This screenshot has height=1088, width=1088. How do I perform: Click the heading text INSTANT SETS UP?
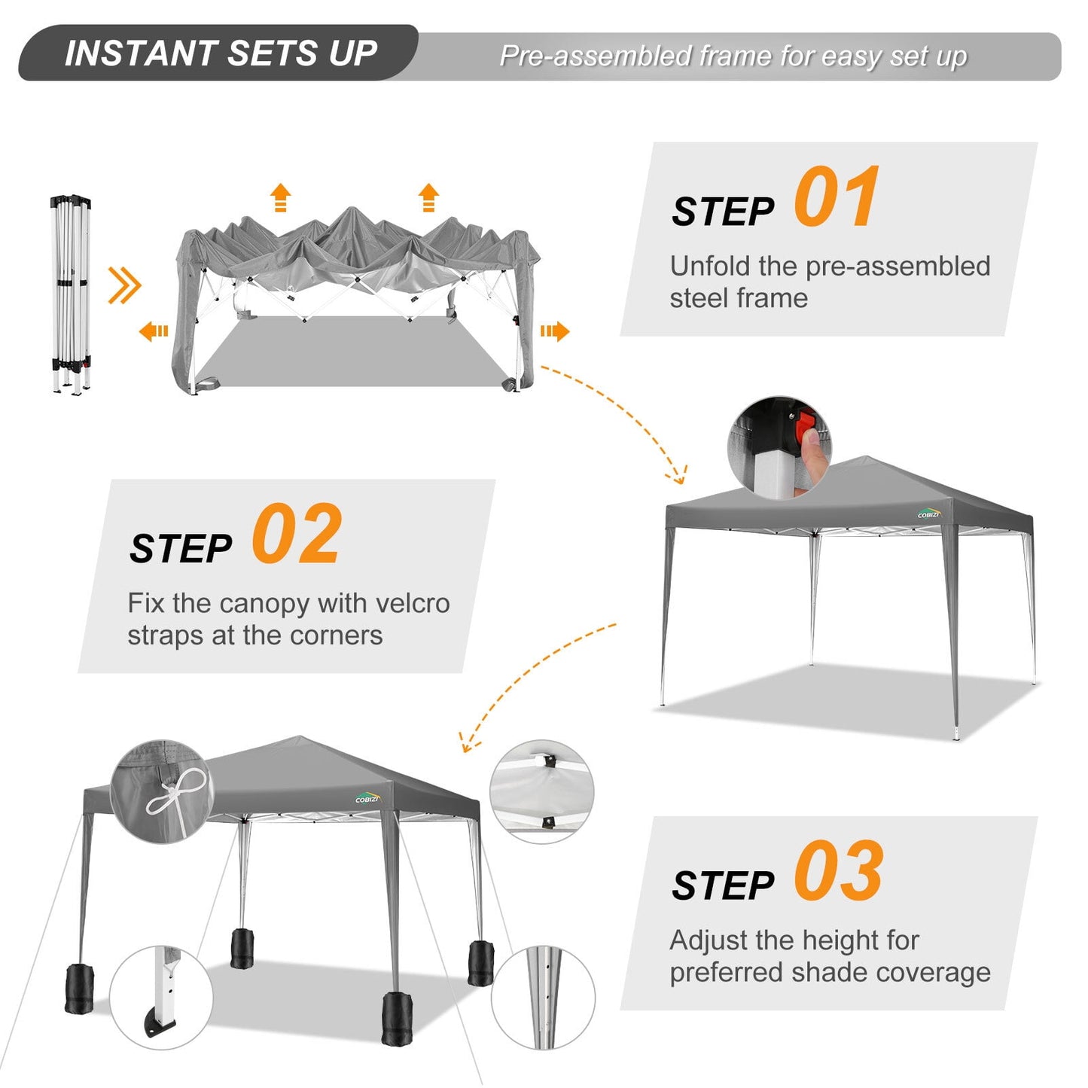pos(221,53)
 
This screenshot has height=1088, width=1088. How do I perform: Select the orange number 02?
pos(297,533)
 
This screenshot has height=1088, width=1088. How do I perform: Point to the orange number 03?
pos(839,870)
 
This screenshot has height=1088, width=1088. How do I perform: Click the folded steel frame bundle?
pos(71,294)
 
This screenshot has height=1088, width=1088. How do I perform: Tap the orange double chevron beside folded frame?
pos(124,285)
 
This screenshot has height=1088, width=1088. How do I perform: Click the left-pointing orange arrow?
pos(154,331)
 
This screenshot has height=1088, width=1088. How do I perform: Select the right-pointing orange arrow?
pos(554,331)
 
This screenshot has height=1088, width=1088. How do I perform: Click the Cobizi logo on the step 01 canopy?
pos(929,514)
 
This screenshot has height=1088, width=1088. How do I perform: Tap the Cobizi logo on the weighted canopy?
pos(368,797)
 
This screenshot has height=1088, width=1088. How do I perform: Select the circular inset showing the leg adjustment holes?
pos(543,998)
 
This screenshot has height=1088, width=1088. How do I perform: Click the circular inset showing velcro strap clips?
pos(541,791)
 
